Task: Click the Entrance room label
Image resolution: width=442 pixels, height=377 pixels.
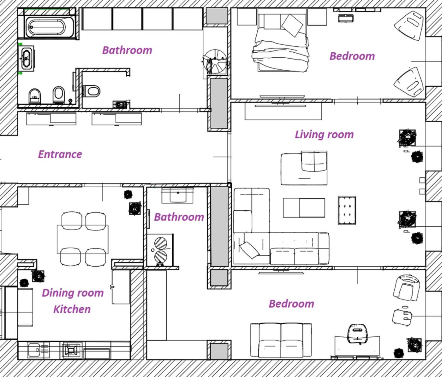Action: click(60, 154)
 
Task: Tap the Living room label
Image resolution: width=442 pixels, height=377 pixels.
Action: click(324, 135)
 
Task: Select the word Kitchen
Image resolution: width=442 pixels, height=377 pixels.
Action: click(72, 309)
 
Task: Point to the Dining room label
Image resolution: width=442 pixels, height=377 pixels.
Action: click(73, 293)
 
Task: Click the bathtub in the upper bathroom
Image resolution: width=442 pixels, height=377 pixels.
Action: click(50, 27)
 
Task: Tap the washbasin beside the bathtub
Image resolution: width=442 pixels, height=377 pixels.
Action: click(26, 58)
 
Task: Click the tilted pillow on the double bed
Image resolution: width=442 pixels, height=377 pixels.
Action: click(292, 26)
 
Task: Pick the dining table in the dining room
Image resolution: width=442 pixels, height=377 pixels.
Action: click(82, 239)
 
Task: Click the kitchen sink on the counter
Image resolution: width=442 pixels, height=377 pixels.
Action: click(34, 350)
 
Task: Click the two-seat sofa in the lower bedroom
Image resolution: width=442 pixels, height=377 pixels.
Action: click(281, 340)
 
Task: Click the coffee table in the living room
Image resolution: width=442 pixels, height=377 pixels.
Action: click(304, 208)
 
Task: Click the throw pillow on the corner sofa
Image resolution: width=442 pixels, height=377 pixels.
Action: click(249, 250)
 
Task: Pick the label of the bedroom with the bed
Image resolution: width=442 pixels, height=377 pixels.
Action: click(352, 56)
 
